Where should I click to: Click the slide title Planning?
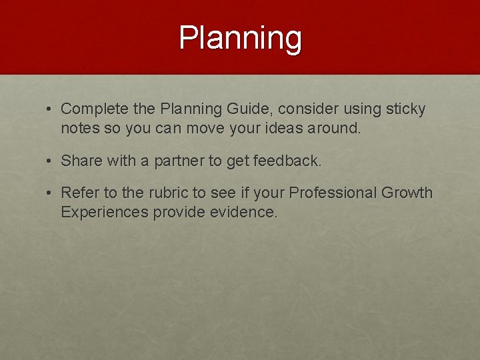tap(240, 39)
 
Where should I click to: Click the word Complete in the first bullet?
tap(91, 109)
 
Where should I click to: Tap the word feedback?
tap(288, 161)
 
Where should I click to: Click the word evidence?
tap(246, 213)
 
